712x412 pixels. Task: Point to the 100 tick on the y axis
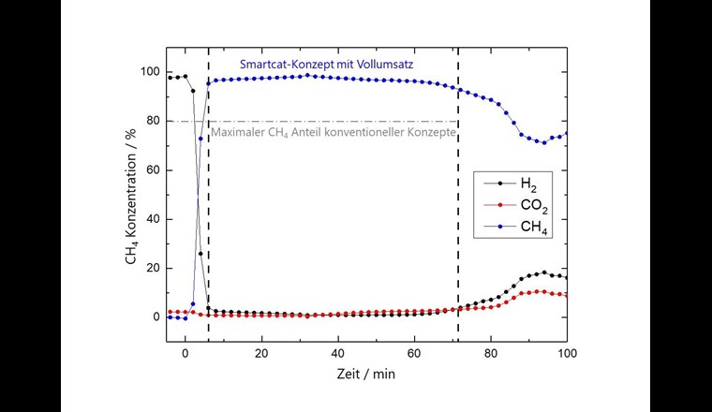tap(150, 72)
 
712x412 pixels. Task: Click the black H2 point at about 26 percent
tap(200, 254)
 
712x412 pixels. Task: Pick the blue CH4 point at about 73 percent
tap(200, 139)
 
